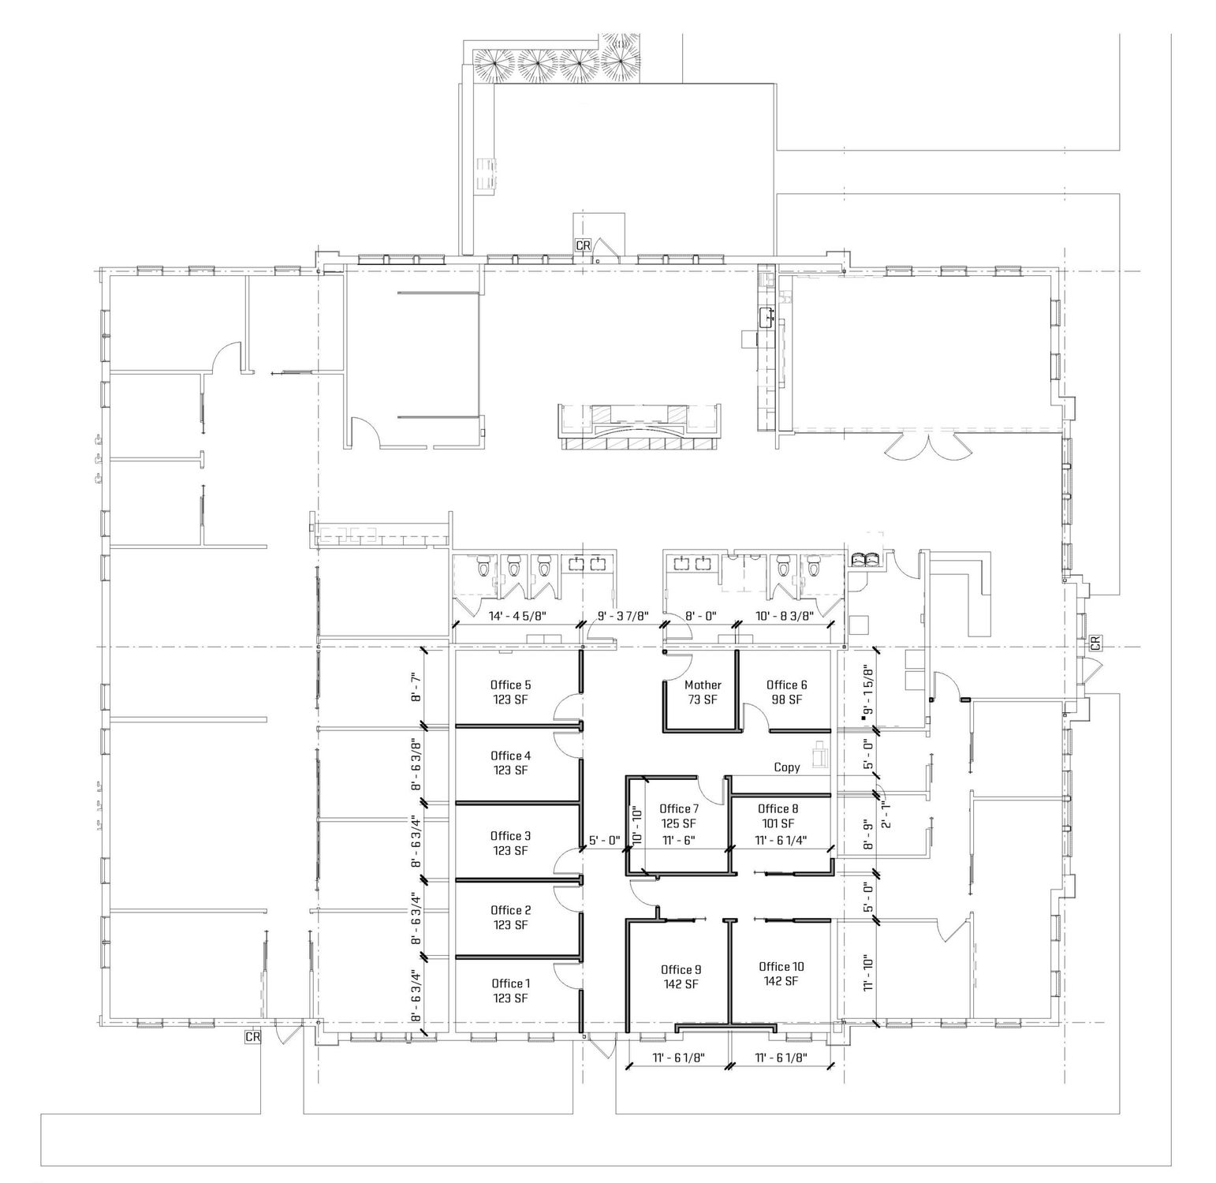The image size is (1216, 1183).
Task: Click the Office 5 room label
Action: click(x=510, y=685)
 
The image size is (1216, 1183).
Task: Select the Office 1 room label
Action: click(x=510, y=983)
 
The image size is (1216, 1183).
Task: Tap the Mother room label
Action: click(x=703, y=685)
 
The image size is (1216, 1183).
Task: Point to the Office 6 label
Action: click(x=786, y=685)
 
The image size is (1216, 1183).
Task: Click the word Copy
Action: click(x=787, y=767)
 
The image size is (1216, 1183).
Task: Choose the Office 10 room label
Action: click(x=781, y=966)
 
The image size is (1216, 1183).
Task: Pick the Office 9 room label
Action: click(x=681, y=969)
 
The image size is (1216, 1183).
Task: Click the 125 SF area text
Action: click(x=679, y=823)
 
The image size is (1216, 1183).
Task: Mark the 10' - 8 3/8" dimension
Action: click(x=784, y=616)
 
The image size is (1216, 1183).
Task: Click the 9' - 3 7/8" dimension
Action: click(x=623, y=616)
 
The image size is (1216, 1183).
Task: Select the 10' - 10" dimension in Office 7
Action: click(x=637, y=824)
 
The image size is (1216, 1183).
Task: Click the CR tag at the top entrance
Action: click(x=583, y=245)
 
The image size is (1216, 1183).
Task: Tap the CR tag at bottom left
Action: click(x=252, y=1037)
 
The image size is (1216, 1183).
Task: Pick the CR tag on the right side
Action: click(x=1095, y=644)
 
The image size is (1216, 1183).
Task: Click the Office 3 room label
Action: click(x=510, y=835)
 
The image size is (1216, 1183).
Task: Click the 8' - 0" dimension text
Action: click(x=700, y=616)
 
